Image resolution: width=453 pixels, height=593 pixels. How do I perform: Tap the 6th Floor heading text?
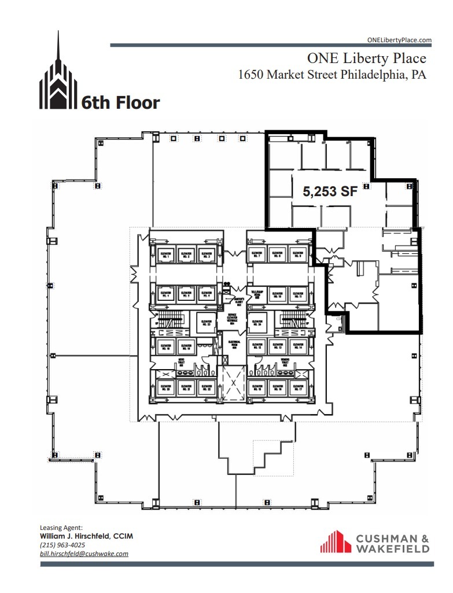[x=120, y=103]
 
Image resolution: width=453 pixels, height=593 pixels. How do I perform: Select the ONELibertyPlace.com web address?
[x=400, y=40]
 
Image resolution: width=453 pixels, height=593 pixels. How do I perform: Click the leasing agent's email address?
[x=84, y=554]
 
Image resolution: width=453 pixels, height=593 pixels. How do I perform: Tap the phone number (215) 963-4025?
[x=62, y=545]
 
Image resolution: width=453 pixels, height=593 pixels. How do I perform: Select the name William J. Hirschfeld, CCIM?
[x=86, y=536]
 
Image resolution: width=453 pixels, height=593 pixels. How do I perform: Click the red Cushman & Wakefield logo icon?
[x=336, y=542]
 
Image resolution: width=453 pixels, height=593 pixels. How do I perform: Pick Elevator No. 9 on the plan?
[x=297, y=254]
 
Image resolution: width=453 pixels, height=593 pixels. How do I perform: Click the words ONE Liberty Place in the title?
[x=366, y=58]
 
